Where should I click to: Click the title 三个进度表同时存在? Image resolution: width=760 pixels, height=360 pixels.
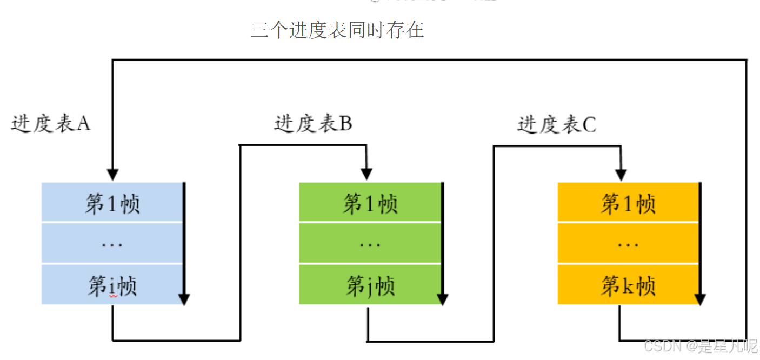(337, 30)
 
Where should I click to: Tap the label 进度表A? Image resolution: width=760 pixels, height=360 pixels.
(51, 124)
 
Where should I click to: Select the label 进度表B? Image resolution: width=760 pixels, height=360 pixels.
(313, 124)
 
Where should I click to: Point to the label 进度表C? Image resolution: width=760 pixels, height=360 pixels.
(557, 125)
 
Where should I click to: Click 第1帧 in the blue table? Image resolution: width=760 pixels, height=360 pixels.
(112, 204)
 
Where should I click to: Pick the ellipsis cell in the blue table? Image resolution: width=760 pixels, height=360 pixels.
(112, 244)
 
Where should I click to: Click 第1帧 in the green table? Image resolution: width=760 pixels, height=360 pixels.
(370, 204)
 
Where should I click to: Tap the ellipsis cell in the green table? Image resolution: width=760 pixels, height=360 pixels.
(370, 244)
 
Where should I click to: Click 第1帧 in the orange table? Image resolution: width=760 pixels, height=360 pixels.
(628, 204)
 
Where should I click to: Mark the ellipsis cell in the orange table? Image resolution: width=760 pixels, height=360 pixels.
(628, 244)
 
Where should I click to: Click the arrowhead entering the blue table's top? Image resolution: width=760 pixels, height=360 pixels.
(112, 174)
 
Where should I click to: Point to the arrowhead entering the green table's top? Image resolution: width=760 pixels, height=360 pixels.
(366, 174)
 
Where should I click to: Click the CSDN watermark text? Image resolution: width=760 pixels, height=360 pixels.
(701, 346)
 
